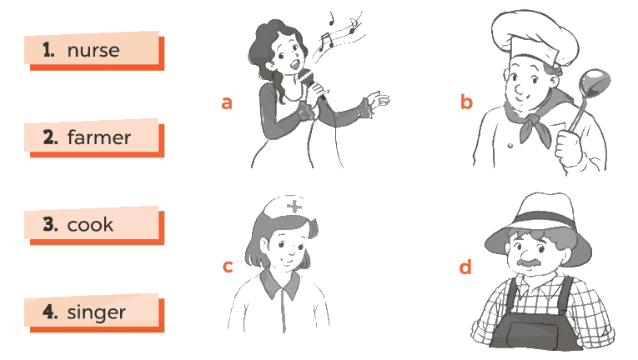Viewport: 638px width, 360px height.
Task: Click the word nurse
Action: coord(93,51)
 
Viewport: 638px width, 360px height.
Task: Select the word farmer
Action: coord(99,137)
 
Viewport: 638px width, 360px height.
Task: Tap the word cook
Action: coord(90,224)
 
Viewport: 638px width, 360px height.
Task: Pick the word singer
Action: coord(97,312)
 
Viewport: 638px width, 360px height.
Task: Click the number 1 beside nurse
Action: coord(48,50)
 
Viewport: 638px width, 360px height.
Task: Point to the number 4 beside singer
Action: coord(50,312)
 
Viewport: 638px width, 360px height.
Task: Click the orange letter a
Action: coord(227,102)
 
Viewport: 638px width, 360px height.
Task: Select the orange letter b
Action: coord(466,102)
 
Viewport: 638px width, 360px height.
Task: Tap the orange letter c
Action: coord(228,267)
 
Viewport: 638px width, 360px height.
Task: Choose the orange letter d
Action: coord(465,267)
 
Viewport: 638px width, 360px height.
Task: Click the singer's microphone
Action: coord(310,82)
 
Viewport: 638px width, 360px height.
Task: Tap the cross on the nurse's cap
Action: coord(294,206)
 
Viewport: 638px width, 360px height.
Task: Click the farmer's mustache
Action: coord(529,262)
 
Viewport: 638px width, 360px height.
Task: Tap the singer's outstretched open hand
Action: coord(377,100)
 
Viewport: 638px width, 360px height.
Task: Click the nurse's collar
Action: coord(280,282)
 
